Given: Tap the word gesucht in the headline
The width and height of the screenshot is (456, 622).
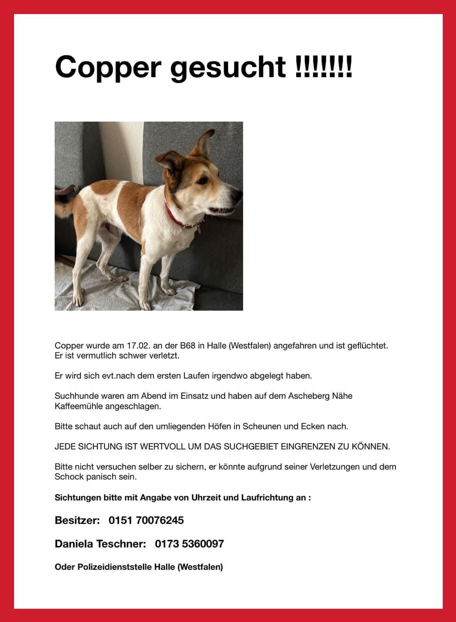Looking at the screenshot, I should click(x=228, y=67).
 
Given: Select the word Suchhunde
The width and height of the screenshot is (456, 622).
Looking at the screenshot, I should click(x=75, y=396).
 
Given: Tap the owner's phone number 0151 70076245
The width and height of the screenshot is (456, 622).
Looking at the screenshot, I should click(x=146, y=520).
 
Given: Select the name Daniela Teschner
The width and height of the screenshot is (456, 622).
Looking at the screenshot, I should click(x=100, y=544).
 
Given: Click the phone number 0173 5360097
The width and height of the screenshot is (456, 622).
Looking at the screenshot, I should click(x=189, y=544).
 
